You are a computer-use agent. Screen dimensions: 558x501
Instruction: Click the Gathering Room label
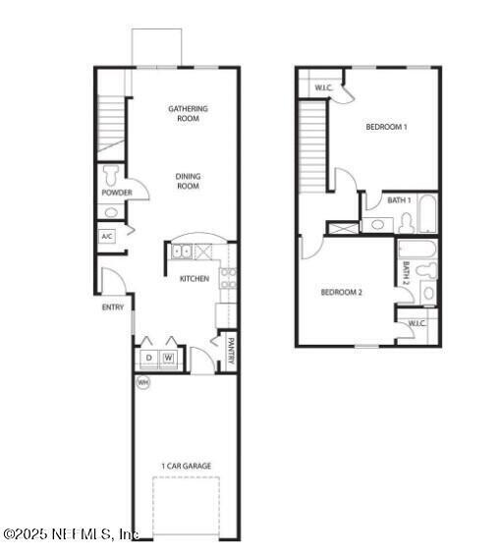click(188, 113)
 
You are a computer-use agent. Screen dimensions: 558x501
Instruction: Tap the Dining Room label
click(188, 182)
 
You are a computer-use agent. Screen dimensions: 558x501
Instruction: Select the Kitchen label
click(194, 278)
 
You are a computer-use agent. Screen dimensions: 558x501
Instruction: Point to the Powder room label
click(116, 193)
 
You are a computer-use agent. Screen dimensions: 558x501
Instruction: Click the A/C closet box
click(108, 237)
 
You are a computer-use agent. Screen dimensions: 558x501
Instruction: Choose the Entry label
click(113, 307)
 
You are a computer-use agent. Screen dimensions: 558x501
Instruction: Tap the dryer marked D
click(149, 358)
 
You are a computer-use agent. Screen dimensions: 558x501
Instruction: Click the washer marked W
click(169, 358)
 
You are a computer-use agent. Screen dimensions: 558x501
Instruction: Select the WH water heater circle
click(142, 382)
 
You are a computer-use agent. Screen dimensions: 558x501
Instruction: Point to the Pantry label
click(231, 351)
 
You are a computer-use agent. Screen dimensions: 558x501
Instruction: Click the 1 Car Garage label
click(187, 466)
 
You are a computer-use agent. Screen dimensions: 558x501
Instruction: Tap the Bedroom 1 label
click(386, 127)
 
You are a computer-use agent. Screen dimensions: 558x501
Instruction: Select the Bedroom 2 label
click(343, 292)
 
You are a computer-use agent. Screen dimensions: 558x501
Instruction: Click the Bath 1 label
click(398, 200)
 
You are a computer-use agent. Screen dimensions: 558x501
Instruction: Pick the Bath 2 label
click(405, 269)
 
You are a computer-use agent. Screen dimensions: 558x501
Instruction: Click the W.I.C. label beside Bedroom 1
click(322, 89)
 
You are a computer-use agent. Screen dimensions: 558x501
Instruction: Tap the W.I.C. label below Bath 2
click(416, 322)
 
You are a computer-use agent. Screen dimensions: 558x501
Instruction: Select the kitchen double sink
click(183, 252)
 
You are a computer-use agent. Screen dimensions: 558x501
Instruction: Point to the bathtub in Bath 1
click(428, 213)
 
